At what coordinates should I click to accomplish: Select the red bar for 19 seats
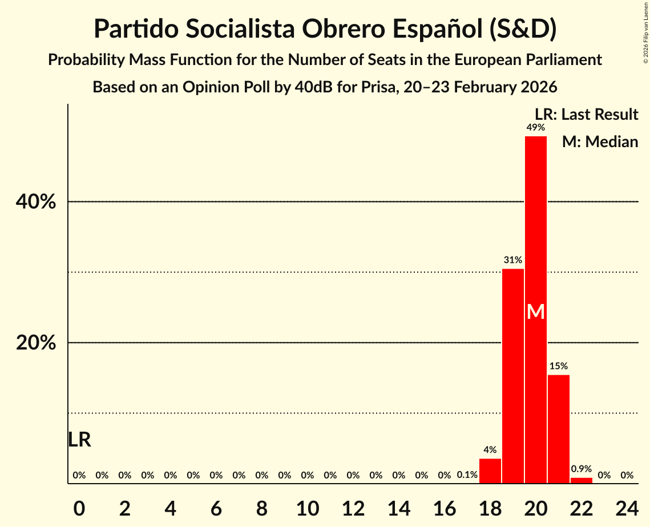(x=513, y=376)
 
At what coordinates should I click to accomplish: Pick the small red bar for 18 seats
(x=490, y=471)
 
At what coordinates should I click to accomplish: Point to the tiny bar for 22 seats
(x=582, y=480)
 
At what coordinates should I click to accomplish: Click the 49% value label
(x=536, y=128)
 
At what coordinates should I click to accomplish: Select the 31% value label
(x=513, y=260)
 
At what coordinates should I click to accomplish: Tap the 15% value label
(x=559, y=366)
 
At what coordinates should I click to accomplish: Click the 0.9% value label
(x=582, y=469)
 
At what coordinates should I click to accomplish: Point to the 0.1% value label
(x=467, y=475)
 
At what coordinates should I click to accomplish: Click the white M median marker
(x=536, y=312)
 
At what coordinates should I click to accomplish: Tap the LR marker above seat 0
(x=79, y=440)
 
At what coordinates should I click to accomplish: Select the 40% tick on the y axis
(x=39, y=202)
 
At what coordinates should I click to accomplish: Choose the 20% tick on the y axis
(x=39, y=343)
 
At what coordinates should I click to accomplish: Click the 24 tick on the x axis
(x=627, y=506)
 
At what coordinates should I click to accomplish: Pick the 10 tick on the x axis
(x=308, y=506)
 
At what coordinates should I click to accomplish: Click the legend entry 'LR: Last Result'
(x=586, y=115)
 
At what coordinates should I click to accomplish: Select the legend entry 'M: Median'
(x=600, y=141)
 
